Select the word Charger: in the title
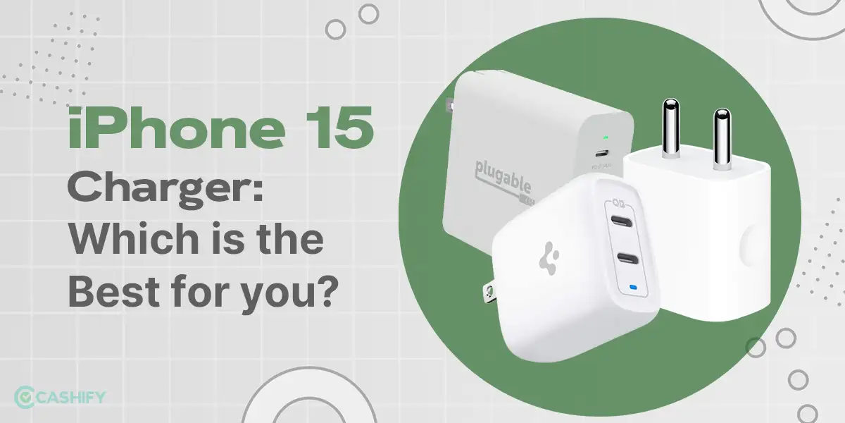coord(165,192)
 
